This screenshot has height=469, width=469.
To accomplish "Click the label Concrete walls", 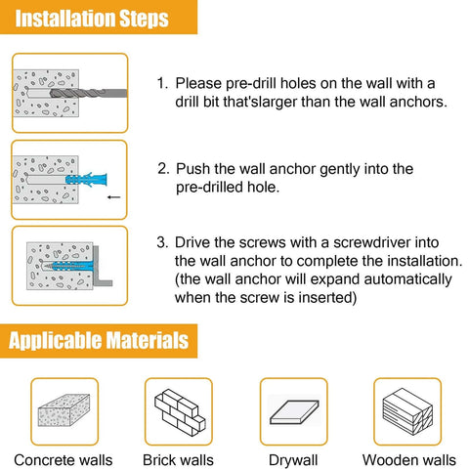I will point(64,459).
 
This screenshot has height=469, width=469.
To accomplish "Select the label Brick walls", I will point(179,459).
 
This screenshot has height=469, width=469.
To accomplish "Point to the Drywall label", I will point(293,459).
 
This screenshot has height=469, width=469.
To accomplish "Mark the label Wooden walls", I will point(408,459).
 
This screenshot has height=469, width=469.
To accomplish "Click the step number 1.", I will point(162,85).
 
